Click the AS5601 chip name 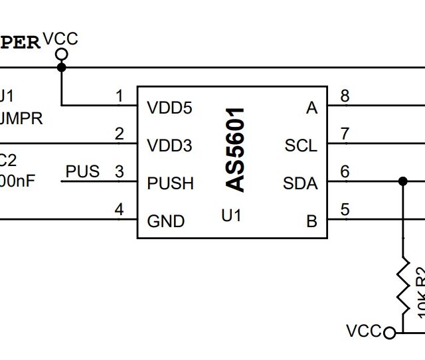236,149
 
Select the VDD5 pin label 169,108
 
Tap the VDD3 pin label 169,145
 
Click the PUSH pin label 171,183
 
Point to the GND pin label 165,221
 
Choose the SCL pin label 301,145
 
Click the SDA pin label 300,183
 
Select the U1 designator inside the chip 231,215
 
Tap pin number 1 120,97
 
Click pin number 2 120,134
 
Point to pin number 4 120,210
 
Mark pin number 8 345,96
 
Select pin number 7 345,134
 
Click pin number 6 345,172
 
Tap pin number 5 345,210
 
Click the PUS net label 82,171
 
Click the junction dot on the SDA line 402,181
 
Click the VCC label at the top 60,39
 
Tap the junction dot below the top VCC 62,67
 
